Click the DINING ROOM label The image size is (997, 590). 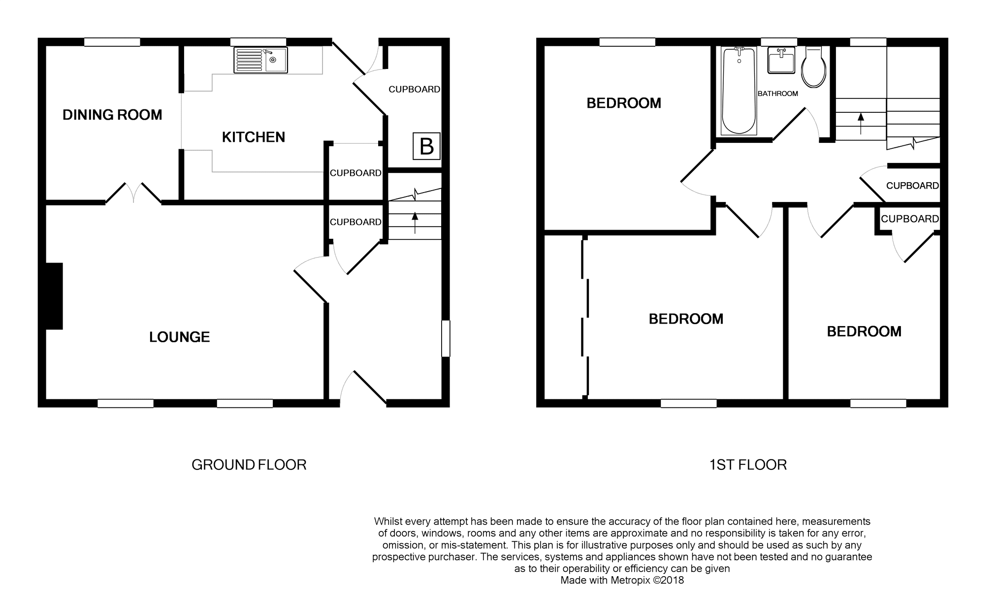tap(112, 115)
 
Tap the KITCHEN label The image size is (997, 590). tap(254, 137)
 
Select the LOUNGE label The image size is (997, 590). tap(180, 337)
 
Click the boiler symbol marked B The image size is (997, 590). tap(426, 146)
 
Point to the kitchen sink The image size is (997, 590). tap(261, 60)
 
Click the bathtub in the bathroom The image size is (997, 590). tap(739, 91)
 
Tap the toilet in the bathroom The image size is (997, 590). tap(813, 67)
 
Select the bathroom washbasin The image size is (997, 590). tap(781, 61)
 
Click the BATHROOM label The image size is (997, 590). tap(778, 94)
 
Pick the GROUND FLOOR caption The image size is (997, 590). tap(249, 465)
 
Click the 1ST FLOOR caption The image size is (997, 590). tap(748, 465)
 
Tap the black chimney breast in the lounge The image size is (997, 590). tap(54, 296)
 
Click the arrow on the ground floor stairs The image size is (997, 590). tap(415, 222)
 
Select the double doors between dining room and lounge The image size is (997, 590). tap(133, 193)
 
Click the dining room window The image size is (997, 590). tap(112, 42)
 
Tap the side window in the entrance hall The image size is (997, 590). tap(446, 338)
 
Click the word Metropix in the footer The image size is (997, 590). tap(631, 580)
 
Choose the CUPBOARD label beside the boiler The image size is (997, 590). tap(415, 89)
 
